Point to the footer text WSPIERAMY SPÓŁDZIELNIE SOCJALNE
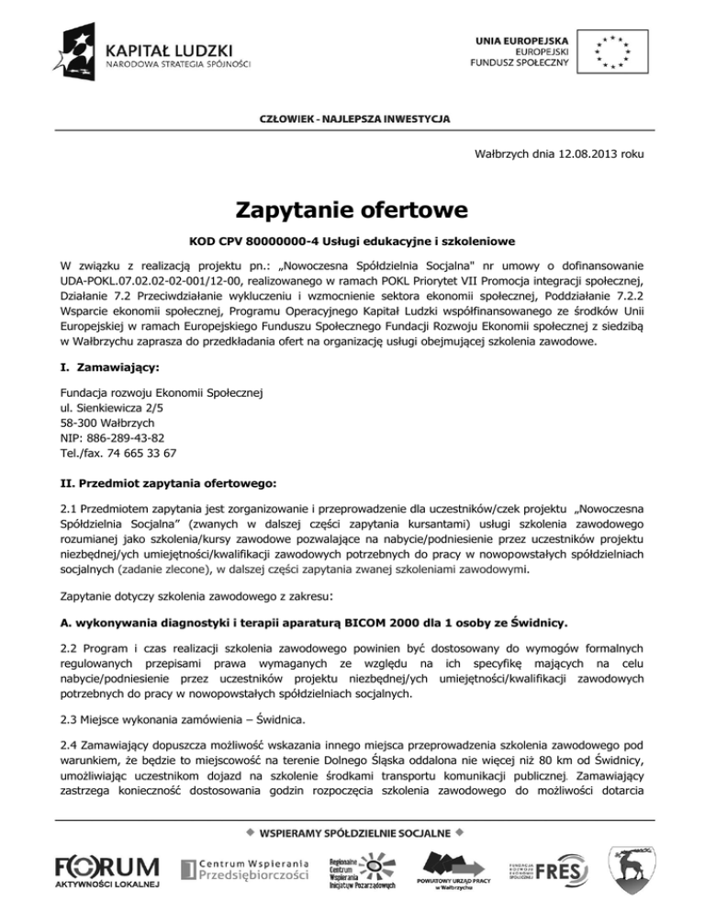(x=352, y=833)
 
